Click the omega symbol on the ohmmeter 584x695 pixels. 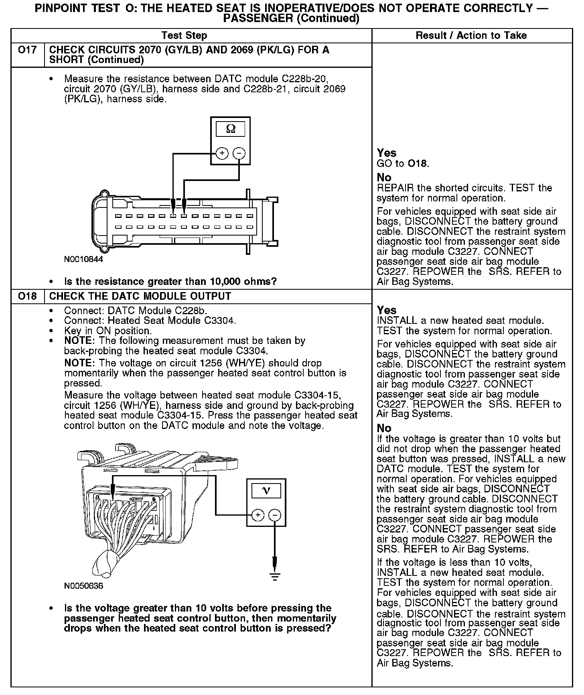click(231, 129)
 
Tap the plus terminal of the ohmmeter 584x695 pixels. click(222, 153)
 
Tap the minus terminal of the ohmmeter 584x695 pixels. click(239, 153)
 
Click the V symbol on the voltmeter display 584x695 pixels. click(266, 490)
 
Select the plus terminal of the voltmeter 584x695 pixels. click(258, 515)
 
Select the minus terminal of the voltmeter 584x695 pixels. click(275, 515)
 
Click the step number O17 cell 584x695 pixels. click(27, 50)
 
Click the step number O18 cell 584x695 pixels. click(27, 296)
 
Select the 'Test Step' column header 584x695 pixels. click(184, 35)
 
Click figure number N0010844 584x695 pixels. click(83, 259)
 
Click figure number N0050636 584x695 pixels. click(83, 586)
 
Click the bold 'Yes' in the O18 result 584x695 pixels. click(387, 310)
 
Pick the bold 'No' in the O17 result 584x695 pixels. click(384, 177)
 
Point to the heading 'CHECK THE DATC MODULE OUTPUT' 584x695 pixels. click(140, 296)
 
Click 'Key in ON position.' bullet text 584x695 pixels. click(108, 331)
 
